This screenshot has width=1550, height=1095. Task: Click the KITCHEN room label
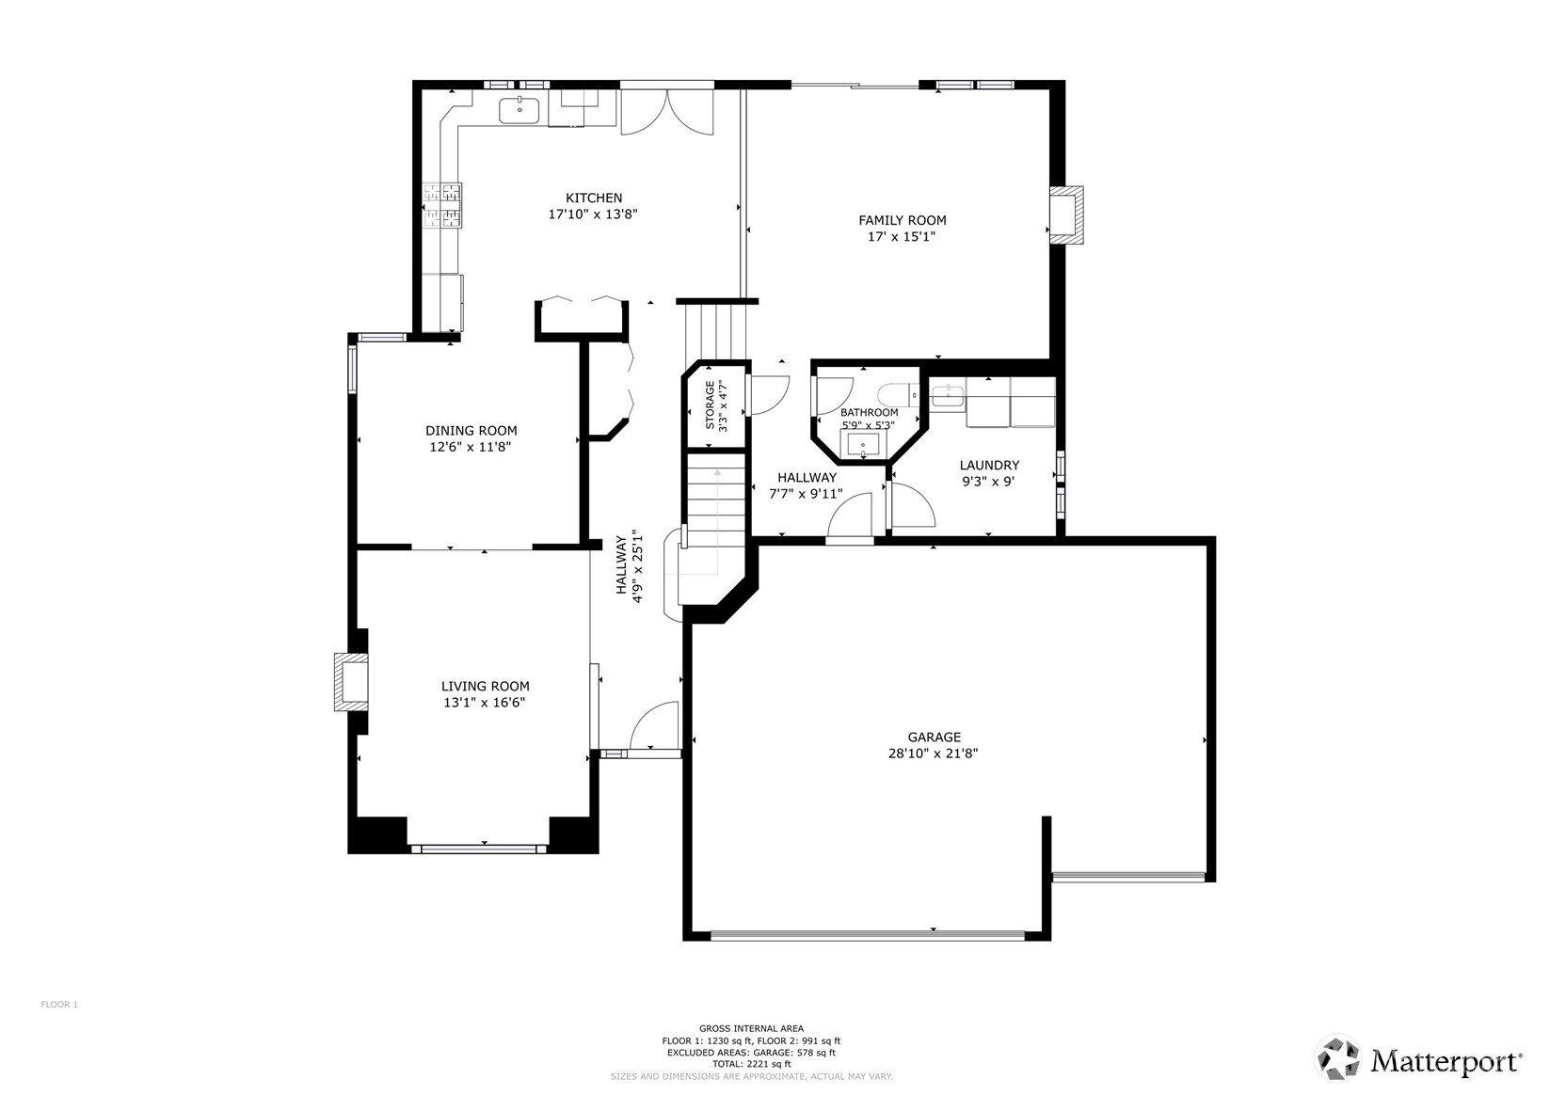[x=593, y=198]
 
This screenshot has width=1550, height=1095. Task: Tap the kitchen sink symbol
[x=519, y=110]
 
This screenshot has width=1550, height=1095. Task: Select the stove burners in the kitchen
[x=442, y=206]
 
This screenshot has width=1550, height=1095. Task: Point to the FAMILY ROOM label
[x=902, y=220]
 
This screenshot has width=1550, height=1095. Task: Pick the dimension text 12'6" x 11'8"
[x=471, y=448]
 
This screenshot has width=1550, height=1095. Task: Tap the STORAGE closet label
[x=711, y=405]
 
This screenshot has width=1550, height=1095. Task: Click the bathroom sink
[x=860, y=443]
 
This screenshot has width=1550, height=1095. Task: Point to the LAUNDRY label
[x=988, y=465]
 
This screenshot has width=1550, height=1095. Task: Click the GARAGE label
[x=934, y=737]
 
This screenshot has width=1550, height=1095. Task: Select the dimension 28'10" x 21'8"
[x=934, y=754]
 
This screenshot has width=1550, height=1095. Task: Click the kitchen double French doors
[x=667, y=111]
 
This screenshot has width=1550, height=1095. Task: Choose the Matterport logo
[x=1419, y=1060]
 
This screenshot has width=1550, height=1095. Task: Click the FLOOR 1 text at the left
[x=59, y=1005]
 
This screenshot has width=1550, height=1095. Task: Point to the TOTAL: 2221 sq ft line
[x=751, y=1064]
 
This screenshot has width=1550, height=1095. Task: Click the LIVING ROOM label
[x=485, y=686]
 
